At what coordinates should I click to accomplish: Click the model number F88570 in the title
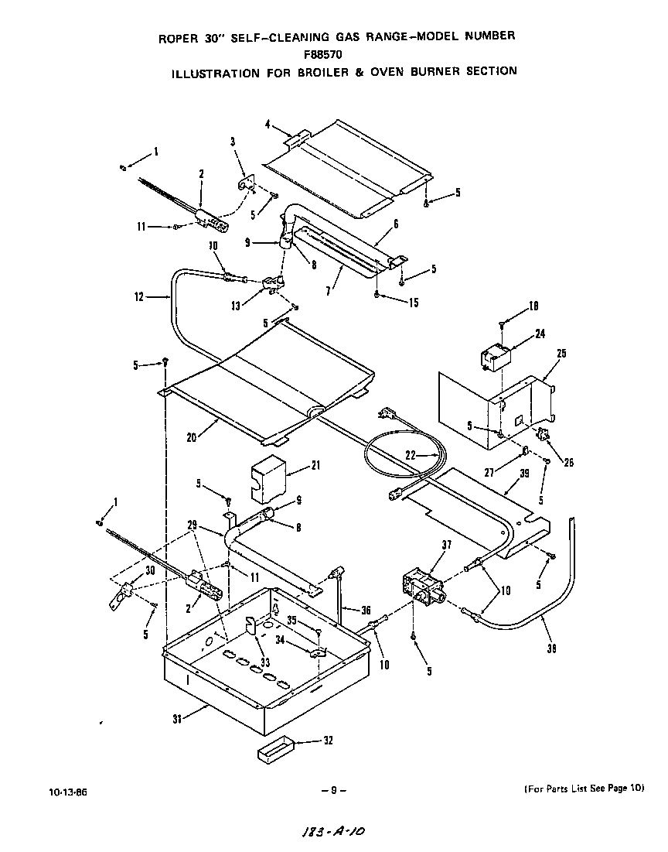335,54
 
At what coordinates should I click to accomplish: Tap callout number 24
540,334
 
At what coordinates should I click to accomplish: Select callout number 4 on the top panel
267,124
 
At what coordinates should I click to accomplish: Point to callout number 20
190,436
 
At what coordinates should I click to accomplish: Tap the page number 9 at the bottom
332,790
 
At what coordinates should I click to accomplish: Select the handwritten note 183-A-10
331,833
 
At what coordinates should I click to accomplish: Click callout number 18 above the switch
534,306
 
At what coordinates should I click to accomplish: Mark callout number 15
414,303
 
